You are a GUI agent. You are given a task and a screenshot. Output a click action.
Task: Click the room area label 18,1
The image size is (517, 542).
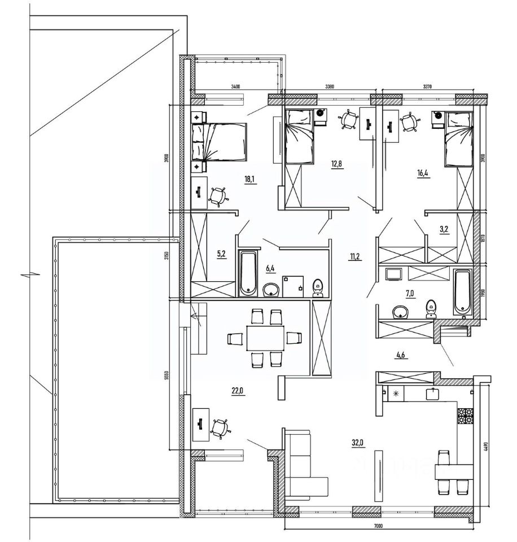[248, 180]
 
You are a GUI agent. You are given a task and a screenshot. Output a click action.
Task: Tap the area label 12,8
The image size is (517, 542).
[337, 164]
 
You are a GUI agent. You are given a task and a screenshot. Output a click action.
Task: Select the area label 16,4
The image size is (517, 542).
[423, 174]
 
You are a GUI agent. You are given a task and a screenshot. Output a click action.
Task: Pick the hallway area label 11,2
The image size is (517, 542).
[356, 257]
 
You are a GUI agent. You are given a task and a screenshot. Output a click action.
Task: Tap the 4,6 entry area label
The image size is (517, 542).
[401, 355]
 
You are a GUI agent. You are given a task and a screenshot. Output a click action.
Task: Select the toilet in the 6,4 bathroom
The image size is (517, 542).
[317, 286]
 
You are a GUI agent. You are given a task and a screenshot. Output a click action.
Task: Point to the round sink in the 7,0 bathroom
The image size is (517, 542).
[402, 311]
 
